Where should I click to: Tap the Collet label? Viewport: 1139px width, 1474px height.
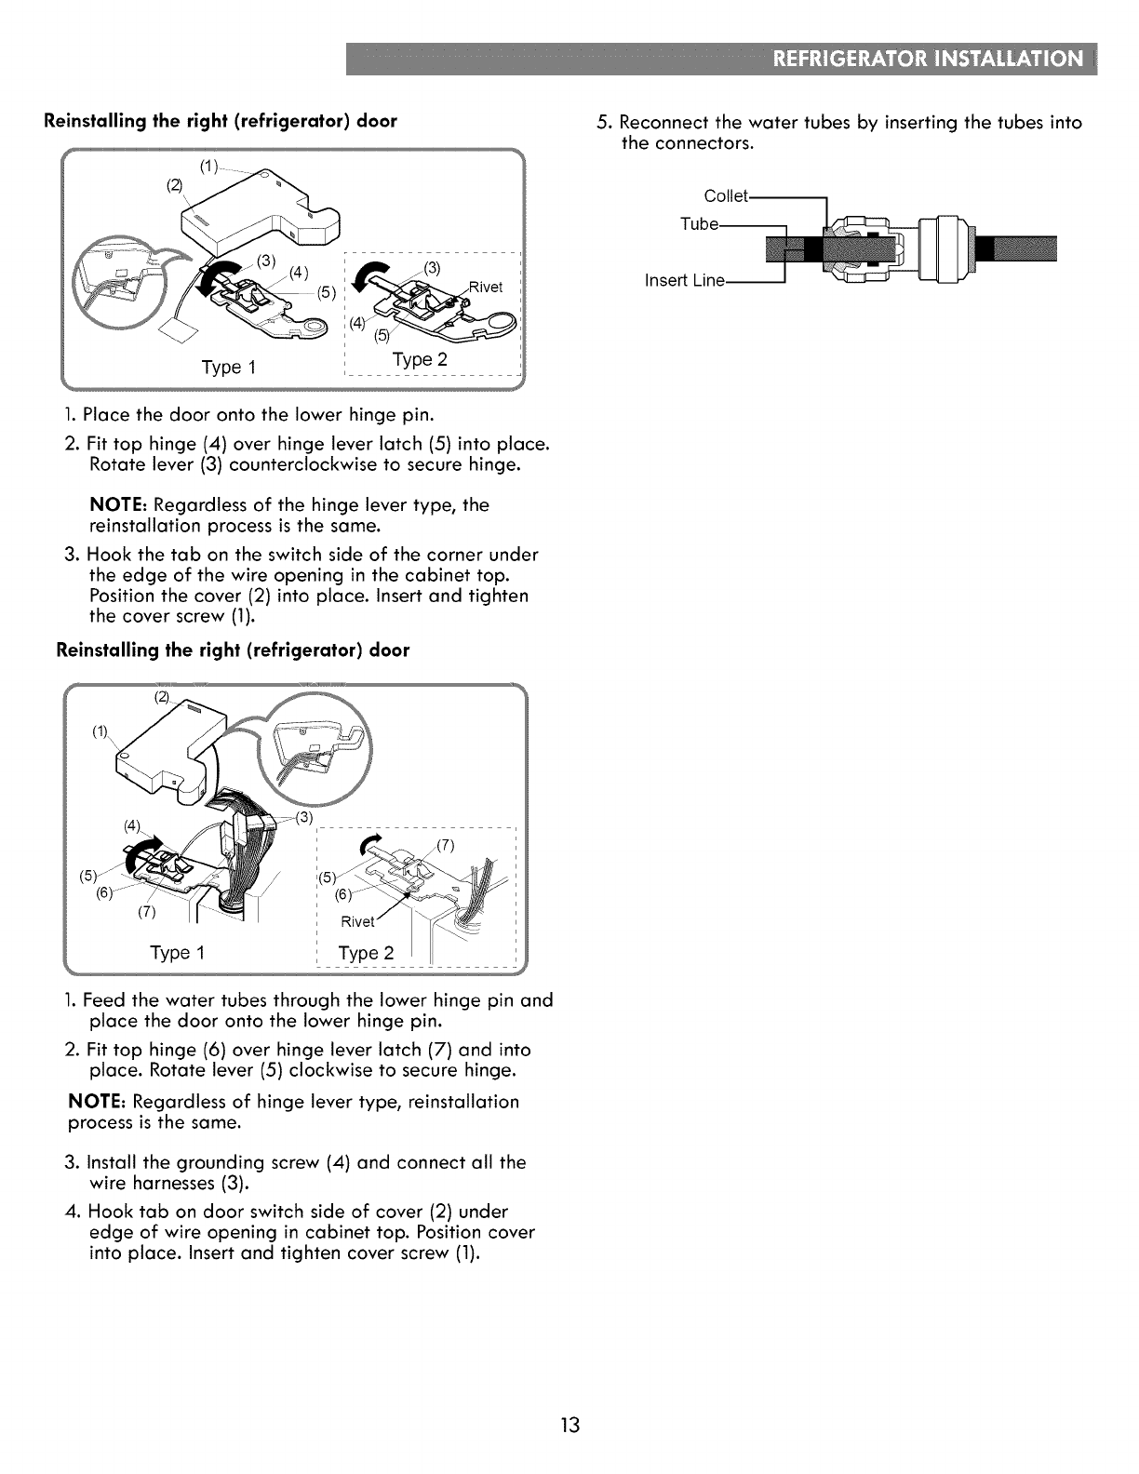725,196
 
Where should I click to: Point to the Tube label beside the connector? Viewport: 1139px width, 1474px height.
699,224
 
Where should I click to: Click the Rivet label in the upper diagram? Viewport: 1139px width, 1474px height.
484,287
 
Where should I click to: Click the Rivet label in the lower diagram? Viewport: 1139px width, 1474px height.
357,921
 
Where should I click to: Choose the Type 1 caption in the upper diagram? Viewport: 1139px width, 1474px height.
229,367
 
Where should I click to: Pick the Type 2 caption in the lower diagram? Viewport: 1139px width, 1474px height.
366,954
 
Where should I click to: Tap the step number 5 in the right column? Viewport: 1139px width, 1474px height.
604,123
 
